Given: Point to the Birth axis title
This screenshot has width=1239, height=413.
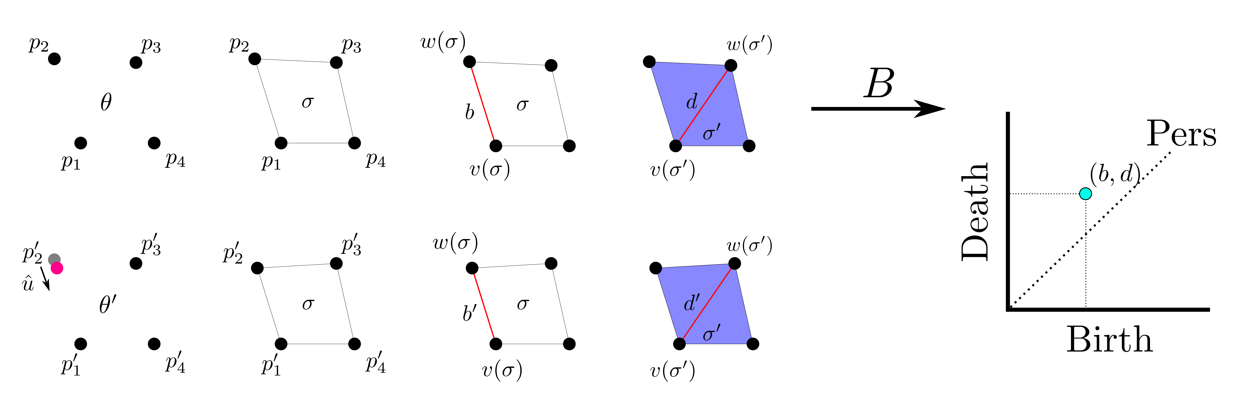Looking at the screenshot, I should coord(1109,340).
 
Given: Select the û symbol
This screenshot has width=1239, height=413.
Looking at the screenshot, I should coord(28,284).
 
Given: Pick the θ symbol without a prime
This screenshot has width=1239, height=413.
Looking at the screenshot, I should coord(106,102).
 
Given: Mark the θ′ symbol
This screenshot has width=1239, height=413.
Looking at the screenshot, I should coord(107,305).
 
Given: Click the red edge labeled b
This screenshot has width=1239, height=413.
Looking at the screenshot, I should coord(482,103).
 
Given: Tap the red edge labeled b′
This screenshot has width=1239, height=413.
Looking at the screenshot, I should coord(484,306).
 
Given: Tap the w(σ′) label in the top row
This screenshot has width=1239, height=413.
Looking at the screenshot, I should coord(749,45).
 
